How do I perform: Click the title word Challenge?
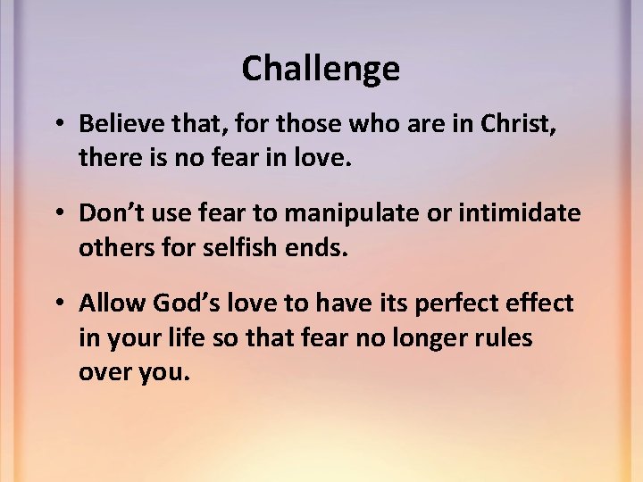click(321, 69)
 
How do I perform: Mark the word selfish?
click(231, 247)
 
